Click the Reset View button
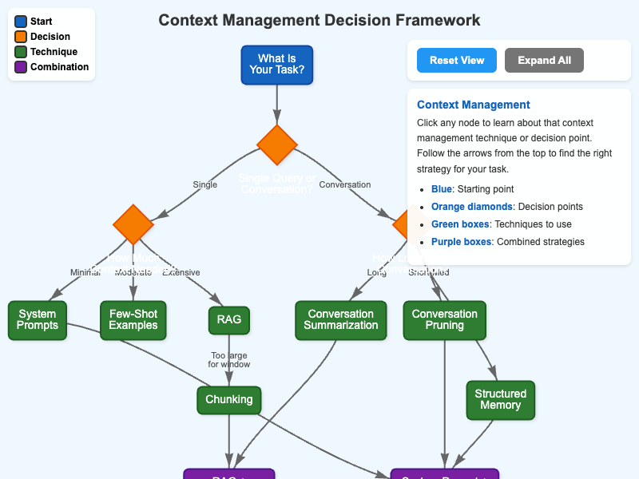[456, 61]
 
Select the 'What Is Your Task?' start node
[276, 65]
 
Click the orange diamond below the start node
[277, 144]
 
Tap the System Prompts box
[38, 319]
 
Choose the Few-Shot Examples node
[133, 319]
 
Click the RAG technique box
[229, 319]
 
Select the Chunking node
[229, 399]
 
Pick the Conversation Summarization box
[341, 319]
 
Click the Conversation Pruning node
[445, 319]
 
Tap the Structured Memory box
[501, 399]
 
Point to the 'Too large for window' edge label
[229, 359]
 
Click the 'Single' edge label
[205, 184]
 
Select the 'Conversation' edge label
[345, 184]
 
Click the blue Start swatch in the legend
[20, 22]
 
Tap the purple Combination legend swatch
[20, 67]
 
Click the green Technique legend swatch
[20, 52]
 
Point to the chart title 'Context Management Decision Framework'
[319, 20]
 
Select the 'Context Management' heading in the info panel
[474, 105]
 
